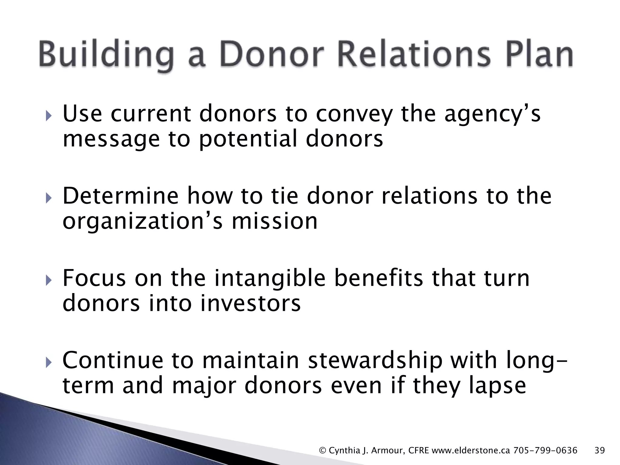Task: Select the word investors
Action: [x=250, y=304]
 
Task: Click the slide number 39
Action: [x=600, y=450]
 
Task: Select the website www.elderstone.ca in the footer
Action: [x=471, y=450]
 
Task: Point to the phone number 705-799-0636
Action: [x=545, y=450]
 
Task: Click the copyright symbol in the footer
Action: [x=323, y=450]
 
